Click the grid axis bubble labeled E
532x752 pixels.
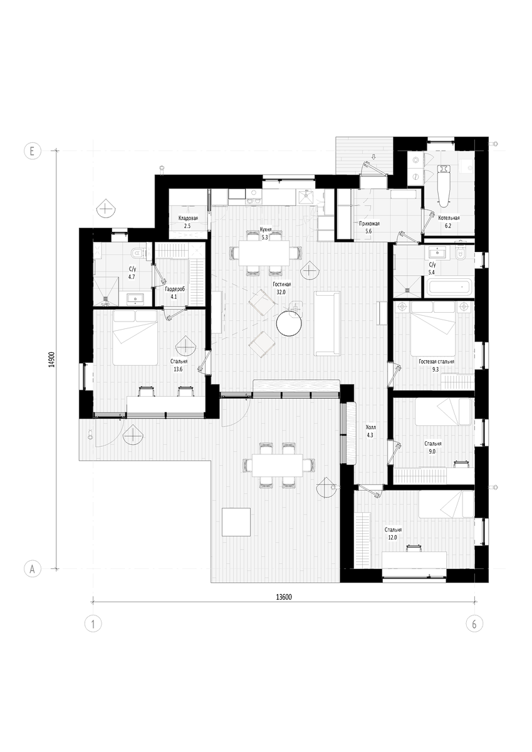pyautogui.click(x=33, y=151)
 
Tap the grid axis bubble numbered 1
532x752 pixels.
pyautogui.click(x=93, y=624)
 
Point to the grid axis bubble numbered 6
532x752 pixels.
pyautogui.click(x=474, y=624)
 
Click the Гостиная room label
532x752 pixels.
pyautogui.click(x=281, y=284)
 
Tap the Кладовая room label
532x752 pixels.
pyautogui.click(x=188, y=218)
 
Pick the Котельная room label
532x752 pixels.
pyautogui.click(x=449, y=217)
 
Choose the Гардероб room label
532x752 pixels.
pyautogui.click(x=175, y=289)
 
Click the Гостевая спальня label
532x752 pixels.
pyautogui.click(x=436, y=362)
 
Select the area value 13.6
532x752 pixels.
pyautogui.click(x=178, y=369)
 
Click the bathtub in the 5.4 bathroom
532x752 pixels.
pyautogui.click(x=449, y=287)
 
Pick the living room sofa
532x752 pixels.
pyautogui.click(x=327, y=323)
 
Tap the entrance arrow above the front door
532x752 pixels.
pyautogui.click(x=374, y=157)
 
